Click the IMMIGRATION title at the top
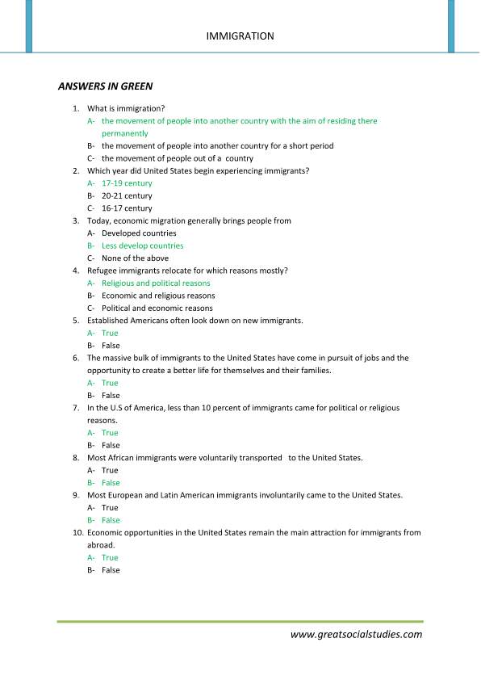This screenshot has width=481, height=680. click(x=240, y=36)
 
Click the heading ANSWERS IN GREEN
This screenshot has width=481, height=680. click(x=105, y=85)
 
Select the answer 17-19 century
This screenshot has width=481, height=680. click(x=127, y=183)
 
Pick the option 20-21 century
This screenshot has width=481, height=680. click(x=127, y=196)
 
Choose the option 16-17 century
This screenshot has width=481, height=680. click(x=127, y=208)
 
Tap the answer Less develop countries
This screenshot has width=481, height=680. click(x=142, y=246)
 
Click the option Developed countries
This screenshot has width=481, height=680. click(x=139, y=233)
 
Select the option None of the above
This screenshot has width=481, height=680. click(x=135, y=258)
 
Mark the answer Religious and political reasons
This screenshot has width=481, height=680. click(x=156, y=283)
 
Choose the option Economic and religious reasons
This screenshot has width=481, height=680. click(x=158, y=296)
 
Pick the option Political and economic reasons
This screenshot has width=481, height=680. click(x=157, y=309)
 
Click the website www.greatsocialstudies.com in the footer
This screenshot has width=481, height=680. click(x=356, y=635)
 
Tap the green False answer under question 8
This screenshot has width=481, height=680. click(x=111, y=483)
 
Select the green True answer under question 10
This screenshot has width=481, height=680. click(x=110, y=557)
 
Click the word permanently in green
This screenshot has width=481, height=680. click(x=125, y=133)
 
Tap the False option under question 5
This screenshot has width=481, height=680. click(x=111, y=346)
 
